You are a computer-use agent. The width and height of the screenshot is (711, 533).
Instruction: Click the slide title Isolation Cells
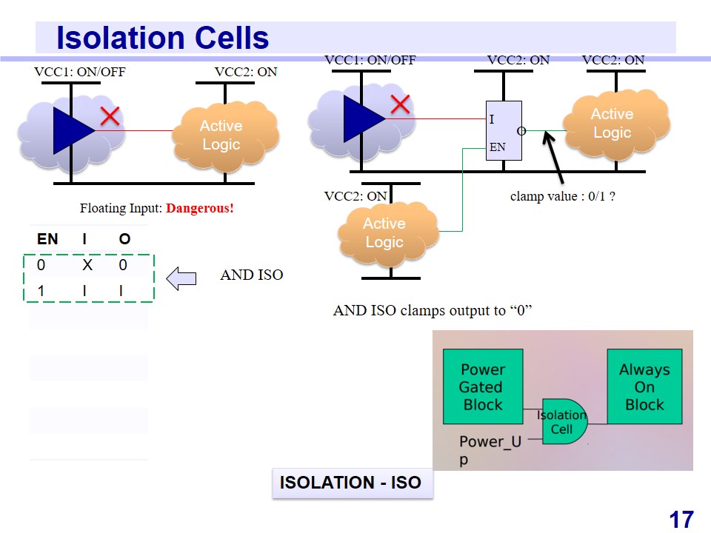(x=162, y=38)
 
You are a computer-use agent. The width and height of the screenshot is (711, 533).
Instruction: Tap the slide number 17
(x=681, y=520)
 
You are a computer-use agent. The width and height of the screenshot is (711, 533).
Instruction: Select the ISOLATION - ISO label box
(x=350, y=483)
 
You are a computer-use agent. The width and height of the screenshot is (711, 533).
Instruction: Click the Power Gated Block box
(x=482, y=386)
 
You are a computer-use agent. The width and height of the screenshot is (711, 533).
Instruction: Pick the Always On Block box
(x=644, y=386)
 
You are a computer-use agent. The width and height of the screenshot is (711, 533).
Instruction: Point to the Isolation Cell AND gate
(x=563, y=422)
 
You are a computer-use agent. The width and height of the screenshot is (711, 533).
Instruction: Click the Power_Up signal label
(x=490, y=442)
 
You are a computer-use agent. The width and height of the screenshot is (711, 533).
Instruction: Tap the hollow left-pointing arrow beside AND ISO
(x=181, y=278)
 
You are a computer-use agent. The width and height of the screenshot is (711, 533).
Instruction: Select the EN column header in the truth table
(x=47, y=239)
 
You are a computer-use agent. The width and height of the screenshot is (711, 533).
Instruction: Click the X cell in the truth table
(x=86, y=265)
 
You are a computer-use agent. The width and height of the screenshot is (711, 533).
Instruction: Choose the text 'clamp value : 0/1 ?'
(x=563, y=197)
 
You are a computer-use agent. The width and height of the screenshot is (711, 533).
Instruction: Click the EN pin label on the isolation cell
(x=497, y=147)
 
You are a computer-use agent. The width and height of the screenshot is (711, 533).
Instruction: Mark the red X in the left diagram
(x=110, y=116)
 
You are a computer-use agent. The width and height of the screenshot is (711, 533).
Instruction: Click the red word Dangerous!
(x=199, y=208)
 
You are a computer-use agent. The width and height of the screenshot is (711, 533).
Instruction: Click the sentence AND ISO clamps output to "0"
(x=433, y=310)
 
